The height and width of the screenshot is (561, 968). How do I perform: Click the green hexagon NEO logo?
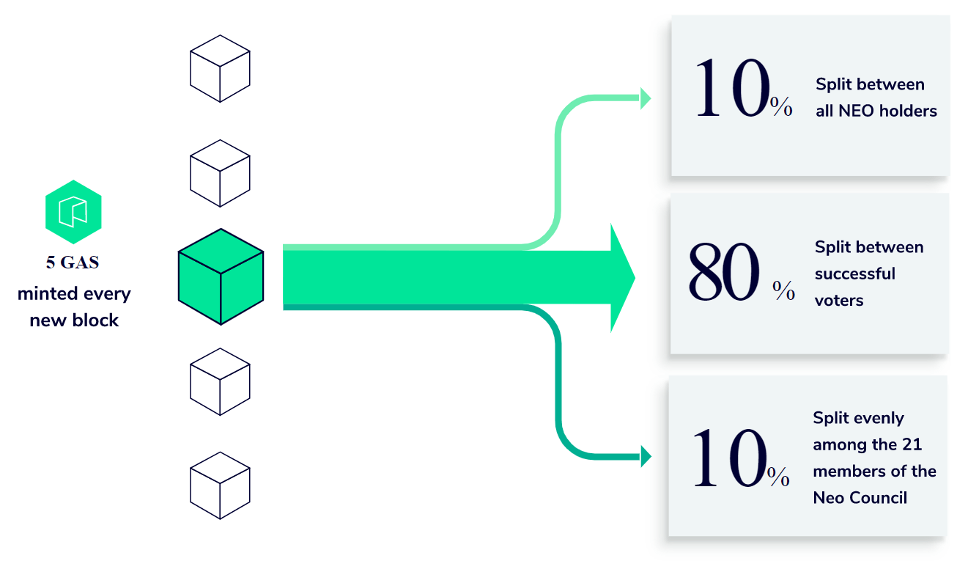tap(73, 211)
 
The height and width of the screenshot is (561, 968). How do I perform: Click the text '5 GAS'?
tap(73, 263)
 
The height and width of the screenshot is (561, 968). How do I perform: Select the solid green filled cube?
tap(221, 276)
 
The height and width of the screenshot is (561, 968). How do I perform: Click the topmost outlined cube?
tap(220, 68)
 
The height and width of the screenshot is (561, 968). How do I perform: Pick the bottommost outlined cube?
tap(220, 485)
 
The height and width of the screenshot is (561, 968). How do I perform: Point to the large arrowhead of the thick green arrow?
tap(621, 278)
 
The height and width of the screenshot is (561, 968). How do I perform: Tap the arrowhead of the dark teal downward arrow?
tap(645, 456)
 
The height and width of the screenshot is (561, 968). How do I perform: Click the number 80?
tap(724, 273)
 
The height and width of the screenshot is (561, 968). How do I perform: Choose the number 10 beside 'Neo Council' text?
tap(729, 459)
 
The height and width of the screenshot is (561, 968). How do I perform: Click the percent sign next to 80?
tap(783, 291)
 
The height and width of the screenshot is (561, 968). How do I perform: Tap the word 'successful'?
tap(855, 274)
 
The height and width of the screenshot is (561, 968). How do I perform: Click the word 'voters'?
tap(839, 300)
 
